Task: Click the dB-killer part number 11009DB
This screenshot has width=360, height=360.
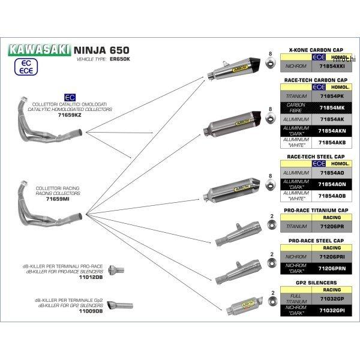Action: (91, 311)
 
